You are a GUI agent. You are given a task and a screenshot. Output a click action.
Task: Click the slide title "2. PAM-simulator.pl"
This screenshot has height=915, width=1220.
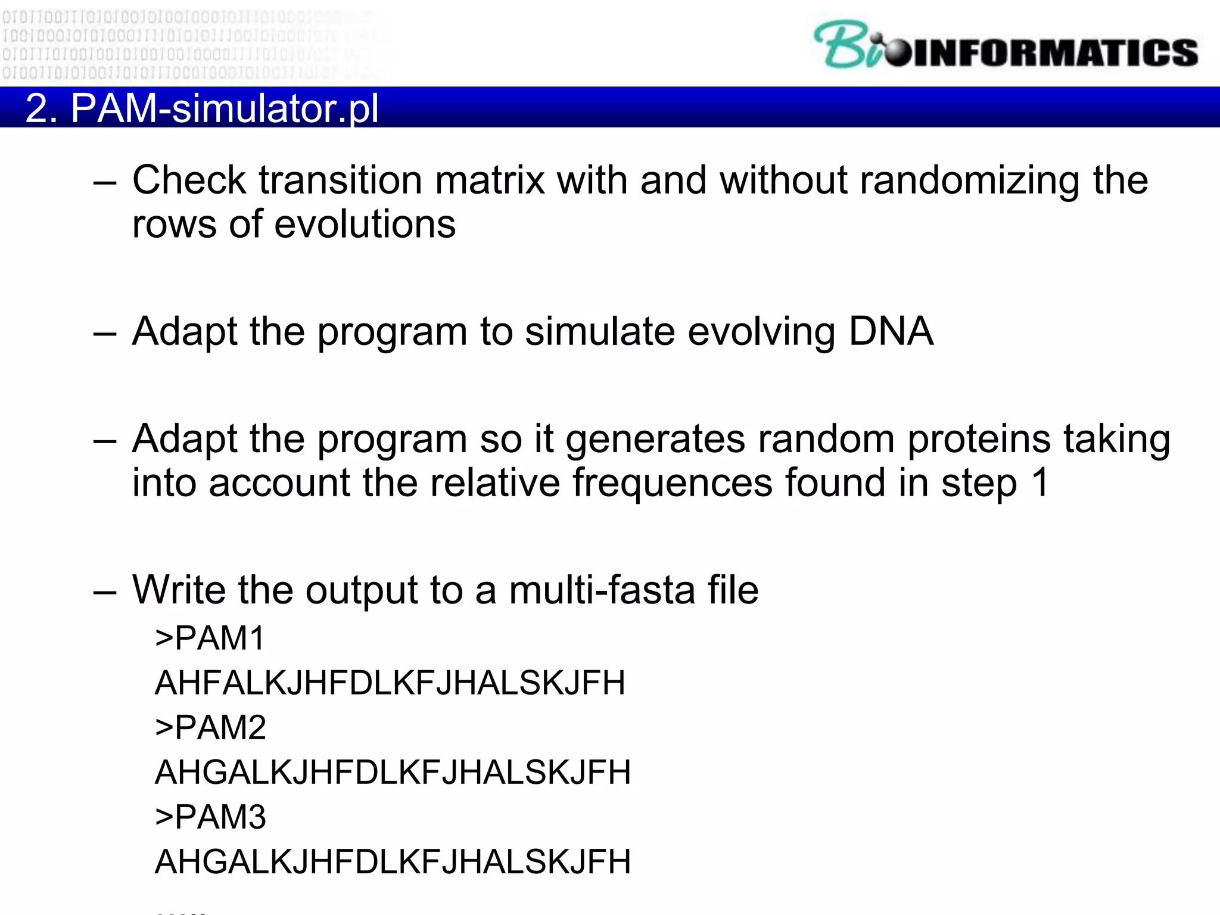[202, 108]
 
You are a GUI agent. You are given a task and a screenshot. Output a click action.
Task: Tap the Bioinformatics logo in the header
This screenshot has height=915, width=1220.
[1006, 46]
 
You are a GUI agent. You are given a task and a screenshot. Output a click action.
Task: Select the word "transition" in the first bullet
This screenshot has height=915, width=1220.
[340, 180]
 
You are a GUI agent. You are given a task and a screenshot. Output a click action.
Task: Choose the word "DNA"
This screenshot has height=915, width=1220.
[891, 331]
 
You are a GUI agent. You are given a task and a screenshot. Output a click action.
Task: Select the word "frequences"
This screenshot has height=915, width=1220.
[672, 483]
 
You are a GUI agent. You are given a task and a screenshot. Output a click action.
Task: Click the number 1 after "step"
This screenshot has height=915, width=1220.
[1040, 483]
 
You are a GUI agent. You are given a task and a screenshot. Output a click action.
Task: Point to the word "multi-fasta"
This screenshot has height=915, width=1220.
[602, 590]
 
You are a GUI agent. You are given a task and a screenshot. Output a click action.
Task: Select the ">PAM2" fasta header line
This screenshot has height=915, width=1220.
[210, 727]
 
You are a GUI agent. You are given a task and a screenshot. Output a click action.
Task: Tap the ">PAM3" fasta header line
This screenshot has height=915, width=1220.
[210, 817]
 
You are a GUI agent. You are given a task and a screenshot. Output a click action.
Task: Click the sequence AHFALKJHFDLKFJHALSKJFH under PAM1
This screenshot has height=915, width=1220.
[390, 683]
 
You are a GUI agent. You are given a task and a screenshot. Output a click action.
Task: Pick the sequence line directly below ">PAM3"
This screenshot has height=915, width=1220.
[393, 861]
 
